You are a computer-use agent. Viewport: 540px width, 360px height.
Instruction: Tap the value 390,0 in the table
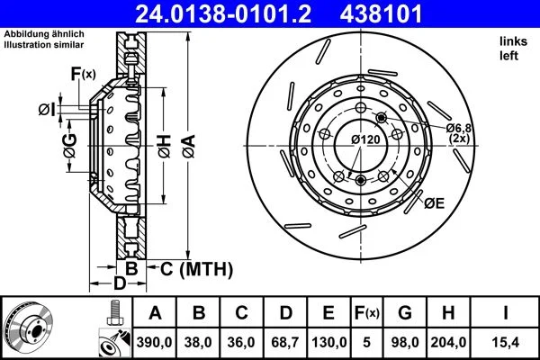[x=154, y=342]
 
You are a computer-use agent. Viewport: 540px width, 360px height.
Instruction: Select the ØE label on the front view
[x=434, y=204]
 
